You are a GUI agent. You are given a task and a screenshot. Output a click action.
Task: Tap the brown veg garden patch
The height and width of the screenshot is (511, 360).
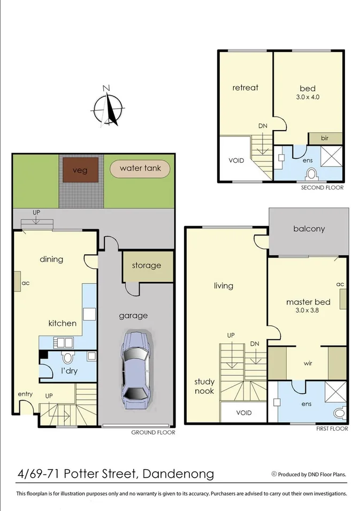[80, 171]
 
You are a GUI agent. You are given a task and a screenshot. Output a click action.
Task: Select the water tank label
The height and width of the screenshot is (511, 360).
[140, 169]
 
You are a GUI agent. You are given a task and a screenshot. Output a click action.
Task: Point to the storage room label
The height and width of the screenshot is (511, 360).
[147, 265]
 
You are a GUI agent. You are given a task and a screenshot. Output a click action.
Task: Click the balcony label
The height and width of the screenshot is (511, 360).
[309, 228]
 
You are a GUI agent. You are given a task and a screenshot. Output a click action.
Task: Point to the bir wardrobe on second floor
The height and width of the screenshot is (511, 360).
[325, 138]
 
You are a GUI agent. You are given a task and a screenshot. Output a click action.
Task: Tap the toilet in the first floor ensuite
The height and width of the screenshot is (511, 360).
[339, 413]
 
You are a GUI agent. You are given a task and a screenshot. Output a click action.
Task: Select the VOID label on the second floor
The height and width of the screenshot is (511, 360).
[236, 160]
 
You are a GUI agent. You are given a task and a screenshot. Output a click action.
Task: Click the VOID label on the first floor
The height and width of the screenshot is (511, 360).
[243, 413]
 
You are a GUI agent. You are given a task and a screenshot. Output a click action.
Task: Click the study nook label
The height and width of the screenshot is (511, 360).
[204, 386]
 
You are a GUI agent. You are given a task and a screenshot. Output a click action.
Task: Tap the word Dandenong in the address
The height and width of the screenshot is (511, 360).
[179, 474]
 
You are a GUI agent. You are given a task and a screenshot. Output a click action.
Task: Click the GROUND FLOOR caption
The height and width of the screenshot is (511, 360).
[153, 432]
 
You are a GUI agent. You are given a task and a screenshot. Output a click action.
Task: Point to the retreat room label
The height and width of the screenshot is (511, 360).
[245, 88]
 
